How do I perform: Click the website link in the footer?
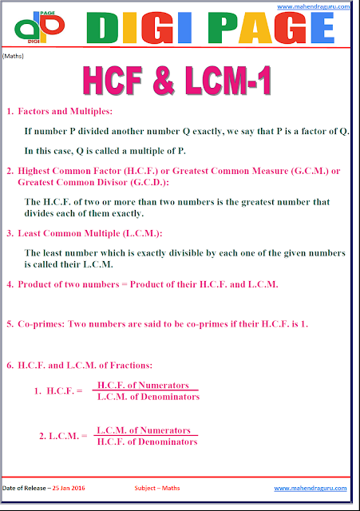click(311, 488)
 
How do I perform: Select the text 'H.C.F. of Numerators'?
click(147, 384)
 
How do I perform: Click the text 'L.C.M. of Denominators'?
click(147, 397)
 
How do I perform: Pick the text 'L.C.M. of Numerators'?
click(147, 430)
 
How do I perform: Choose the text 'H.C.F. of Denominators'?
click(147, 442)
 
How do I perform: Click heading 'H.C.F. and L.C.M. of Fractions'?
click(97, 365)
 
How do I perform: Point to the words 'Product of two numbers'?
click(65, 284)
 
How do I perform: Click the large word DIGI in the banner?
click(125, 28)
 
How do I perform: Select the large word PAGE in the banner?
click(268, 28)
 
